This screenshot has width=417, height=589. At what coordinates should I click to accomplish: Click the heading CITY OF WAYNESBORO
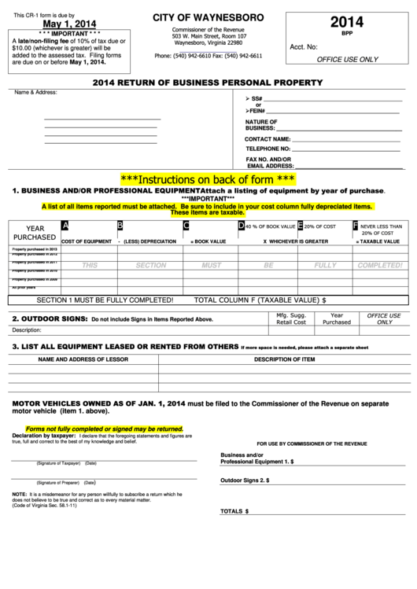[x=208, y=17]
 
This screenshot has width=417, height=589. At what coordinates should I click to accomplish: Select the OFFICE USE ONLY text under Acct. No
[x=346, y=59]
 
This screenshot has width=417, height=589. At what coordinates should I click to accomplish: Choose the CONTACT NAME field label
[x=268, y=138]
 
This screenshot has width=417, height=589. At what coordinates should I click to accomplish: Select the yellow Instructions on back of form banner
[x=208, y=179]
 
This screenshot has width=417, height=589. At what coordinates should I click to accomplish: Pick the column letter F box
[x=356, y=226]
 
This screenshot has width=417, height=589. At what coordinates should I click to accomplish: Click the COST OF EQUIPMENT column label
[x=87, y=241]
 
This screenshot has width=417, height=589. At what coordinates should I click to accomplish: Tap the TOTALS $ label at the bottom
[x=234, y=511]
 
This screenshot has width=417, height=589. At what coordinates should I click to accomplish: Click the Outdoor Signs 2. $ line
[x=245, y=480]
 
